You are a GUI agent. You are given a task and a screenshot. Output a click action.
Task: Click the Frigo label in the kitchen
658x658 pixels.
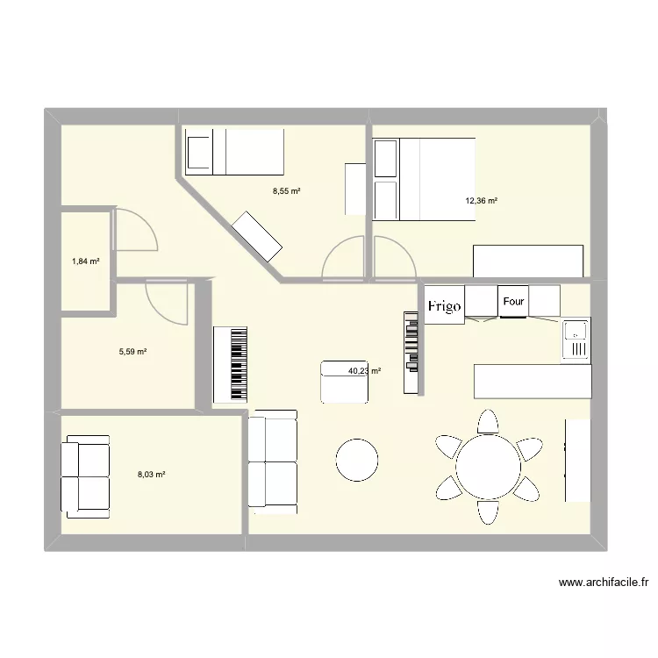pos(445,306)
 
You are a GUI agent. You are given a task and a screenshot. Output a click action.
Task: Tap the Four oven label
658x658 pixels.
pos(513,302)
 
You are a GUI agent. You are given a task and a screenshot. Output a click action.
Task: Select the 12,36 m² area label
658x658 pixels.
pos(482,201)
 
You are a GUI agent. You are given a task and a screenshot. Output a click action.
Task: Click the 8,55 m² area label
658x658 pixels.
pos(286,190)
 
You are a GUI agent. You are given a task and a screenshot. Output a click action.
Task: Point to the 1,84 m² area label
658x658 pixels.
pos(85,261)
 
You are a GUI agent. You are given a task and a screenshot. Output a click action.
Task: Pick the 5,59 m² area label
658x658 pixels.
pos(132,352)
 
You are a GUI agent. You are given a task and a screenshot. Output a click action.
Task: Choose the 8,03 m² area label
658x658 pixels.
pos(151,474)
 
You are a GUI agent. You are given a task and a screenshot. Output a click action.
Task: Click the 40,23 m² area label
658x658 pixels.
pos(364,371)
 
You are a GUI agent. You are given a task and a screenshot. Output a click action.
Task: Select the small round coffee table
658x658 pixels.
pos(357,460)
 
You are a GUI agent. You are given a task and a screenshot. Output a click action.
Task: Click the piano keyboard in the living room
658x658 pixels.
pos(231,365)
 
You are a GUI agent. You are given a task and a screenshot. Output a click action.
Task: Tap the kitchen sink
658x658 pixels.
pos(576,340)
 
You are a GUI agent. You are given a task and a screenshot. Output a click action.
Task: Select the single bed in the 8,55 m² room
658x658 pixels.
pos(233,151)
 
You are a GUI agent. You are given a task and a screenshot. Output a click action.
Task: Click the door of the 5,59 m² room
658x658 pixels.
pos(167,303)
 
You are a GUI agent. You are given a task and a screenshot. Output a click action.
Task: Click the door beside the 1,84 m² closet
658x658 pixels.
pos(135,231)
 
